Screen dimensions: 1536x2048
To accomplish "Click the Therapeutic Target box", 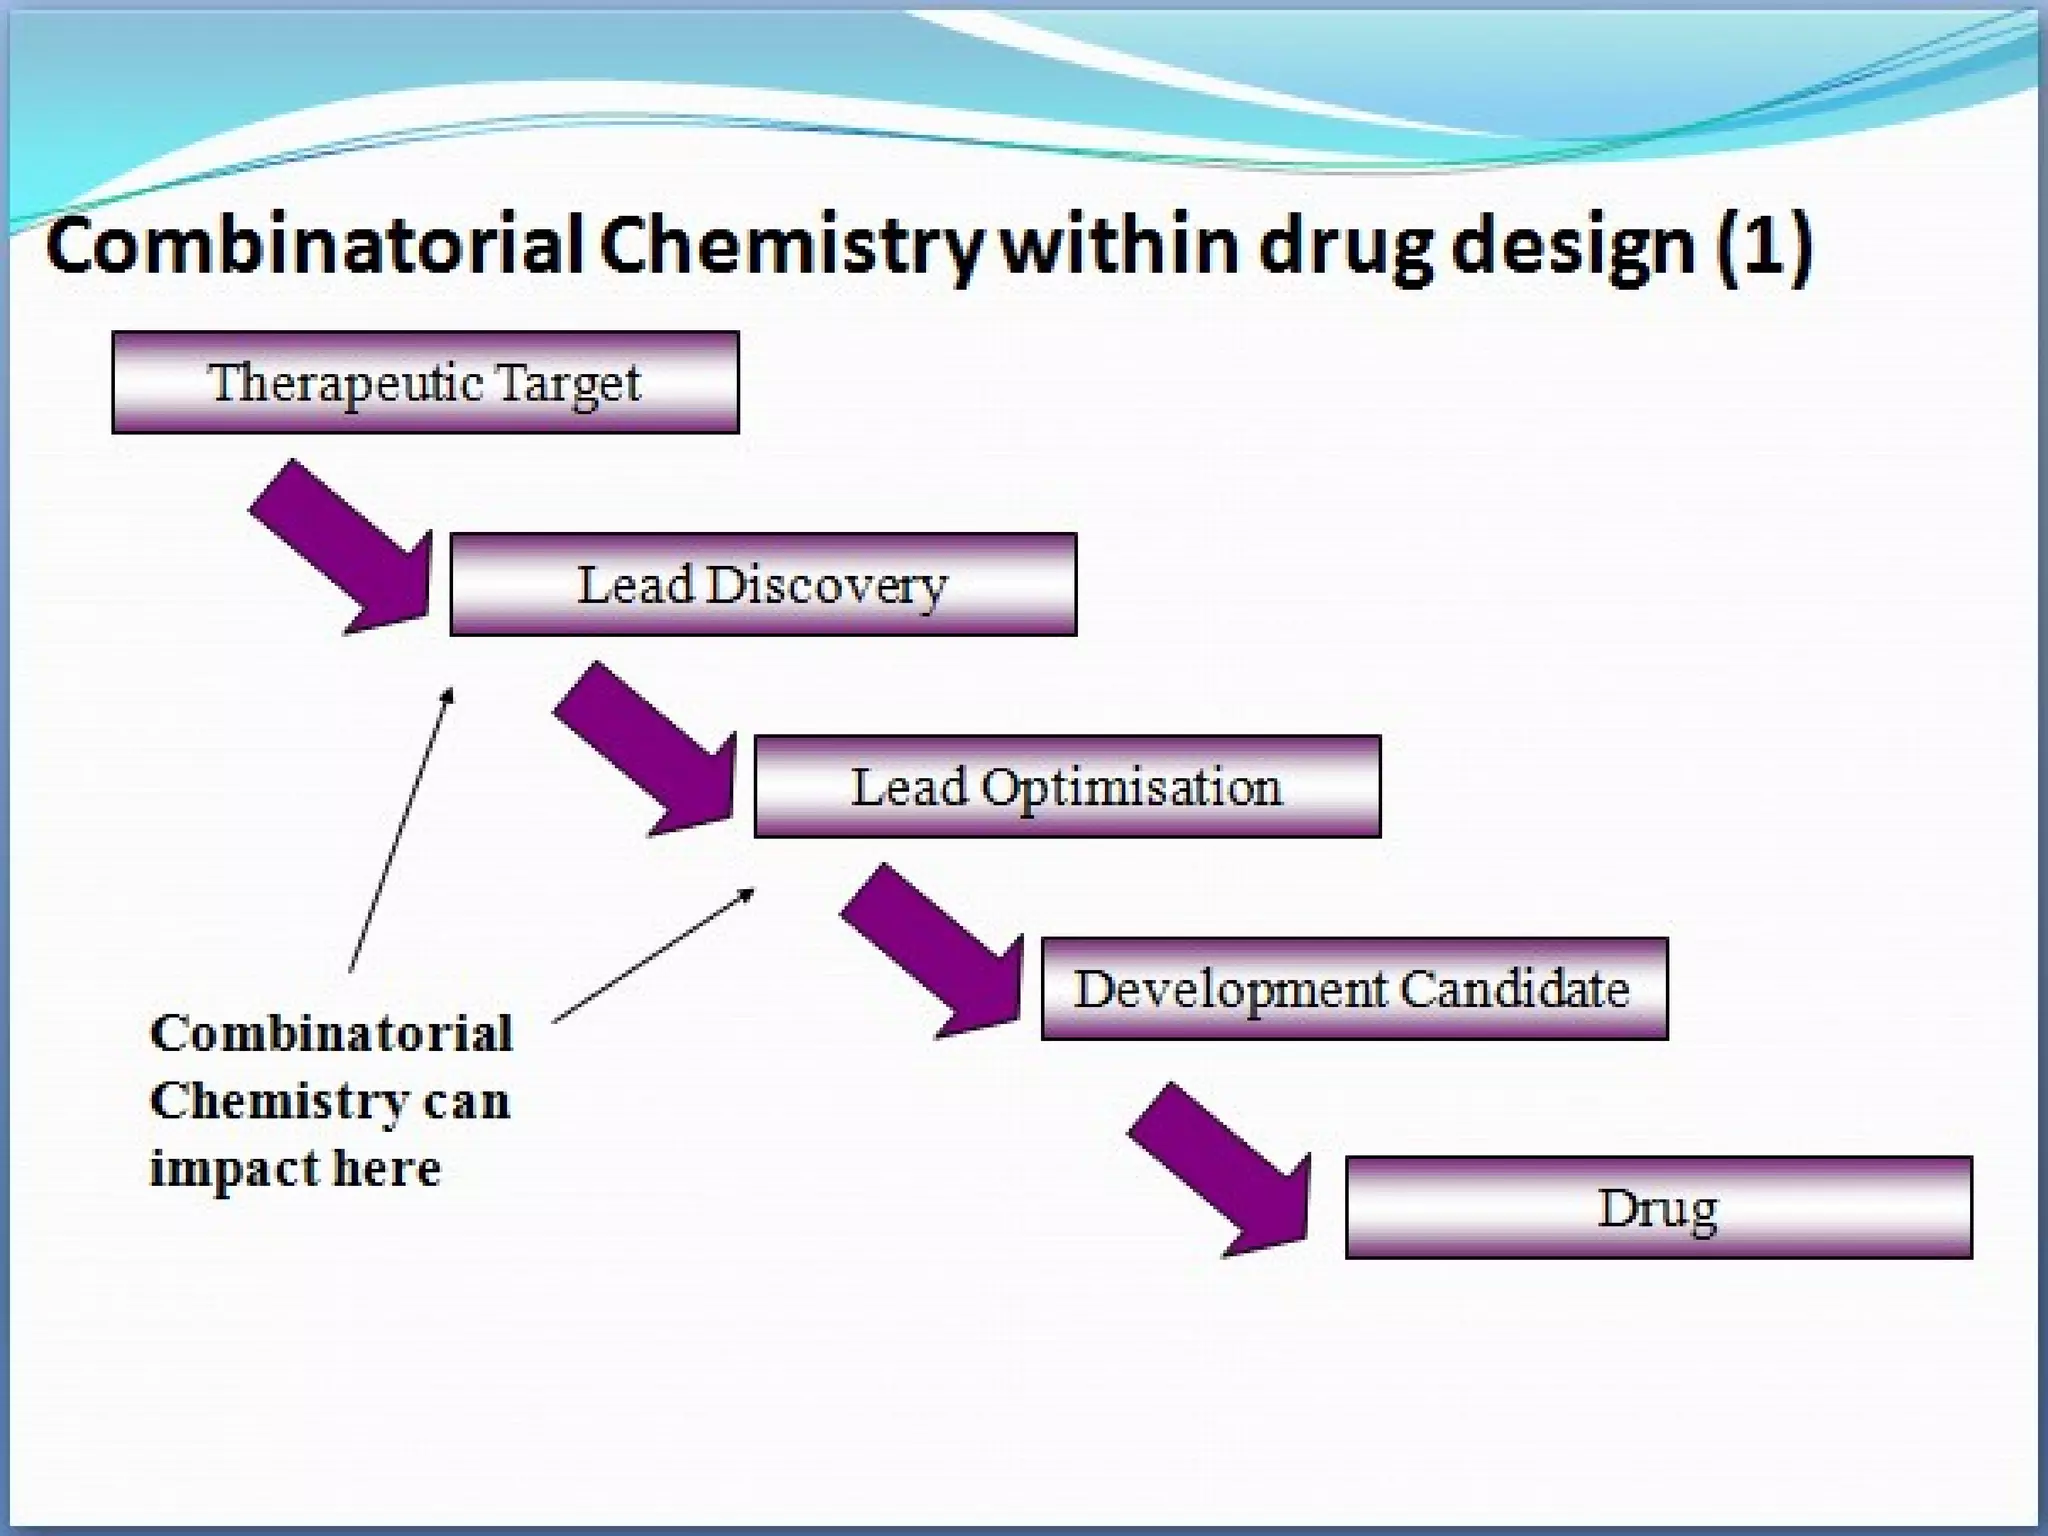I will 425,382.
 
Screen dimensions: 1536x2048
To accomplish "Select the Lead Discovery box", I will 763,585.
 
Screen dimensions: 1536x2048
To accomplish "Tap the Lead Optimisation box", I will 1067,787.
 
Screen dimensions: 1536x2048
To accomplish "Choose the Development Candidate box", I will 1354,989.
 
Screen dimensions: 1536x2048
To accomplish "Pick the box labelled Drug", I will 1658,1208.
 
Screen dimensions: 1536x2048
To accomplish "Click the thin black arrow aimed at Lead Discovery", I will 400,830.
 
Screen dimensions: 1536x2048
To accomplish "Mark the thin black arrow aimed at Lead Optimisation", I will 653,955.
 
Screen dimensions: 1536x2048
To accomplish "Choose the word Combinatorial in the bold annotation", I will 331,1034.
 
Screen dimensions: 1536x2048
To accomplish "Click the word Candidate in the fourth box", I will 1514,989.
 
